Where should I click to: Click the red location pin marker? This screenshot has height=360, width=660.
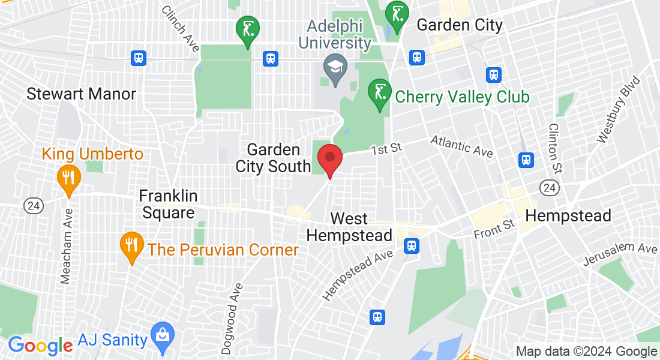coord(329,158)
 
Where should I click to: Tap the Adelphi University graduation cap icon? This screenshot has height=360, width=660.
coord(334,66)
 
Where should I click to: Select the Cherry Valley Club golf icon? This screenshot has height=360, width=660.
coord(379,94)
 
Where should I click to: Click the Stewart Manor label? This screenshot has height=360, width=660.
coord(81,94)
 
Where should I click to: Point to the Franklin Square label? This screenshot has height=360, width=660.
coord(167,204)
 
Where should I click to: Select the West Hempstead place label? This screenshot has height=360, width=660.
coord(349,227)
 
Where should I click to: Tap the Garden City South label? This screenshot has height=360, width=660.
coord(273,158)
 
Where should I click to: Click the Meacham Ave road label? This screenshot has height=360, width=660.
coord(67,245)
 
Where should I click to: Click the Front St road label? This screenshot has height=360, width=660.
coord(494,229)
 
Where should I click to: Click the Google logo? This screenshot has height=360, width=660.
coord(40,346)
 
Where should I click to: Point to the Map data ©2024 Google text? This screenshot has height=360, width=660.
coord(586,352)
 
